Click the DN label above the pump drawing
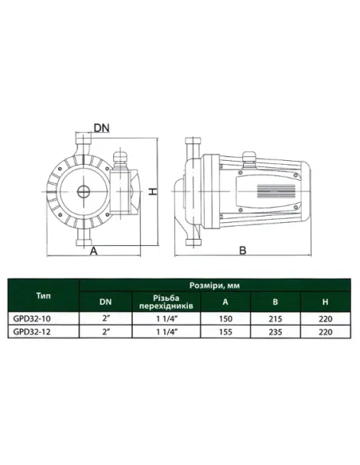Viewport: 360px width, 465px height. (x=101, y=128)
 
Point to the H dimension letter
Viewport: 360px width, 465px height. (x=152, y=192)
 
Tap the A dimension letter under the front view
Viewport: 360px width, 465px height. (x=94, y=251)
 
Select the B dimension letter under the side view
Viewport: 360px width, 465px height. (x=243, y=251)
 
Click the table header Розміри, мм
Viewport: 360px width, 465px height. (x=214, y=286)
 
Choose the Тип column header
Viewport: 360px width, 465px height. (x=44, y=295)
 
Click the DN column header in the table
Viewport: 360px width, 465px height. (x=106, y=302)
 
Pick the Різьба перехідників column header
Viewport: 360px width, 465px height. (x=166, y=302)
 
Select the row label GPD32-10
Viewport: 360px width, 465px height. (x=32, y=318)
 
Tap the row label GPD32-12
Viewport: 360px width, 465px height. (x=32, y=331)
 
